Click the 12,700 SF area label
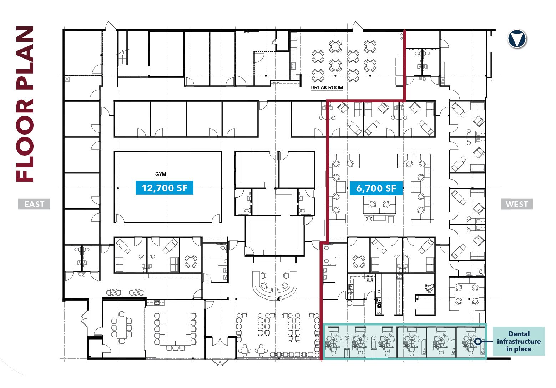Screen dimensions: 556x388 pos(164,188)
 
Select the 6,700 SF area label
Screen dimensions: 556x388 pos(376,188)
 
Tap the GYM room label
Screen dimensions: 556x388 pos(161,174)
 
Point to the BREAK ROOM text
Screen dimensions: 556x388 pos(327,87)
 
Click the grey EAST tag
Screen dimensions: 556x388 pos(34,204)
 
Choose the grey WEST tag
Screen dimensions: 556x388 pos(517,204)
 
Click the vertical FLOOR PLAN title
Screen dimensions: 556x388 pos(25,104)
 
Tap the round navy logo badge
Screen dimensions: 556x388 pos(517,39)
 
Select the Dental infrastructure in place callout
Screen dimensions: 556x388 pos(519,341)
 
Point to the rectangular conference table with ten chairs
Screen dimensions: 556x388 pos(122,328)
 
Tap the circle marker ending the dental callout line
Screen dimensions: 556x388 pos(478,341)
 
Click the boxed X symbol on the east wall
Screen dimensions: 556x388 pos(67,79)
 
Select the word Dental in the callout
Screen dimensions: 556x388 pos(519,334)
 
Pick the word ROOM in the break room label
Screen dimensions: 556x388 pos(335,87)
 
